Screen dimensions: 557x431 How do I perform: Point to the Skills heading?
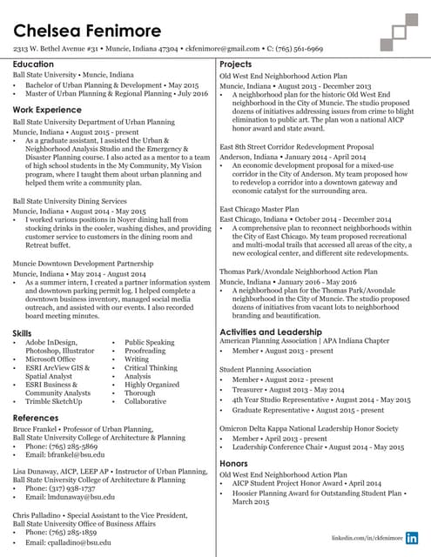pos(23,333)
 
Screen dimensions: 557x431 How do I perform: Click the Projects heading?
pos(236,65)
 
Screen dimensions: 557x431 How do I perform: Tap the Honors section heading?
pos(234,464)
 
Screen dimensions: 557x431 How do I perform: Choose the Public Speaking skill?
pos(150,343)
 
